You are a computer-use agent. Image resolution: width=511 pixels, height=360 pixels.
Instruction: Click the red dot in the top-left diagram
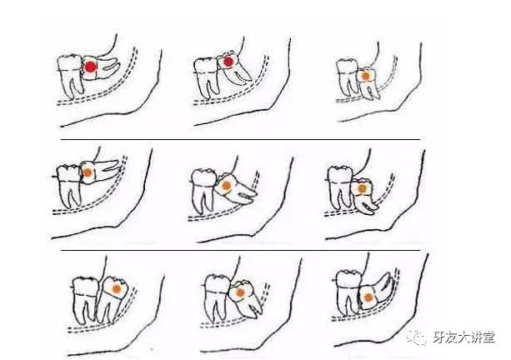(x=91, y=67)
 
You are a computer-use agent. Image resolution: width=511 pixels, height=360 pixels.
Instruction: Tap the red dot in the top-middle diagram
(x=228, y=62)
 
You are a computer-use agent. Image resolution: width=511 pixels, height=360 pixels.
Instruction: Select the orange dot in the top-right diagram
(x=366, y=76)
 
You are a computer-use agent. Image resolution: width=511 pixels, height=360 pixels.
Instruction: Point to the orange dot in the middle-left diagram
(x=87, y=172)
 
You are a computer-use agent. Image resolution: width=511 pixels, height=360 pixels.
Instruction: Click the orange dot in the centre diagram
(x=226, y=186)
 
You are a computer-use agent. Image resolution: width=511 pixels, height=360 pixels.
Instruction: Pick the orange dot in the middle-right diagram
(x=362, y=188)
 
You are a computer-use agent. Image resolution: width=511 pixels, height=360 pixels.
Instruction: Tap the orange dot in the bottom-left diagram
(x=117, y=289)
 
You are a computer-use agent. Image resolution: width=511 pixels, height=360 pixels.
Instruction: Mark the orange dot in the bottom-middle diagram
(x=240, y=292)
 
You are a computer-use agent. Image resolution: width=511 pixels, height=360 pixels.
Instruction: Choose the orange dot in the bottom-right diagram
(x=368, y=297)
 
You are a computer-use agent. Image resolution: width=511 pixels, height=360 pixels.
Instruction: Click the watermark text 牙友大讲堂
(x=463, y=337)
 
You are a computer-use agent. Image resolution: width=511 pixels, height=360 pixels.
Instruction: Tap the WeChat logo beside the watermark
(x=417, y=337)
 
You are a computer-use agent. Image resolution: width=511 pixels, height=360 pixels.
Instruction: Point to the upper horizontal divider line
(x=241, y=139)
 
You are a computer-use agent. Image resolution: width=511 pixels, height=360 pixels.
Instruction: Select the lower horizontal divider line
(x=241, y=251)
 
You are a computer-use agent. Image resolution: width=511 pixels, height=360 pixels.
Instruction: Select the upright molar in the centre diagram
(x=203, y=190)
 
